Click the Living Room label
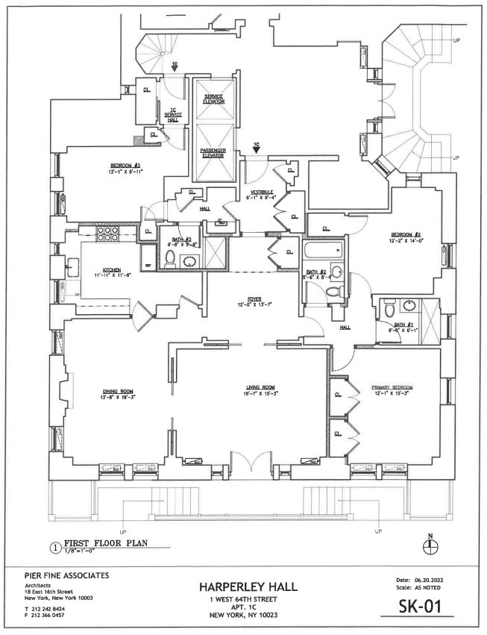(x=262, y=387)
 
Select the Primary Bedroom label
(x=392, y=387)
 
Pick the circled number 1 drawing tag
(x=54, y=546)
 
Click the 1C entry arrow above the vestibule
(x=256, y=149)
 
